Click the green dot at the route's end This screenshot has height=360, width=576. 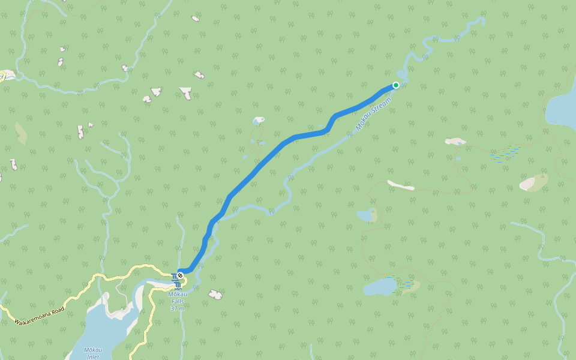pos(396,85)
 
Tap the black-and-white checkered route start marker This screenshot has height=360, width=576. pos(180,275)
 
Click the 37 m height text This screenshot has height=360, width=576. pos(178,308)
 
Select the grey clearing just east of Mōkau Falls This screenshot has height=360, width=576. pos(215,294)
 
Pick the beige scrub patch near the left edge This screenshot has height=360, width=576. pos(20,133)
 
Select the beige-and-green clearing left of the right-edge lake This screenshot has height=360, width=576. pos(533,182)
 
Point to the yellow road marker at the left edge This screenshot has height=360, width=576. pos(2,75)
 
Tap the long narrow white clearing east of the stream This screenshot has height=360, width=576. pos(400,185)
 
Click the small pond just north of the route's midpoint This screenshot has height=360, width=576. pos(259,121)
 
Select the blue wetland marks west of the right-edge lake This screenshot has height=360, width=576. pos(504,154)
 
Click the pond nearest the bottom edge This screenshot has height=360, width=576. pos(380,287)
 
